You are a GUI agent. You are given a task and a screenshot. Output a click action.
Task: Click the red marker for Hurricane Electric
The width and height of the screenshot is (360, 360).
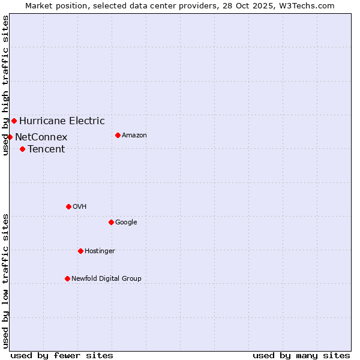(14, 121)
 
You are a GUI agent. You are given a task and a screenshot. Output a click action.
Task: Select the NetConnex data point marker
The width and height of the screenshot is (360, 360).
(10, 137)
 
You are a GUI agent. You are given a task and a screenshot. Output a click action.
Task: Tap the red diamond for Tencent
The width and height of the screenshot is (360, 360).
(22, 149)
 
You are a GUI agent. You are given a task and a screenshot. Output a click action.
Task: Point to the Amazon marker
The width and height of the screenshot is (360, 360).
(118, 136)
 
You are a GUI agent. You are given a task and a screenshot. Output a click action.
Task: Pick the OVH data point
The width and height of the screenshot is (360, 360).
(68, 207)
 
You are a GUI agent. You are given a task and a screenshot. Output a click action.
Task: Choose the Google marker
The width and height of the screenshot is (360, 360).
(111, 223)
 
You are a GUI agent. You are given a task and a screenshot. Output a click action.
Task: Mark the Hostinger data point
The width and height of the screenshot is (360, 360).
(80, 251)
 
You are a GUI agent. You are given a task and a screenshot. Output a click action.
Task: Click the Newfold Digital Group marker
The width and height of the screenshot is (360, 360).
(67, 279)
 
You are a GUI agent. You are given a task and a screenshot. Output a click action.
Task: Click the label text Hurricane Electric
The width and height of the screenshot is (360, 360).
(62, 121)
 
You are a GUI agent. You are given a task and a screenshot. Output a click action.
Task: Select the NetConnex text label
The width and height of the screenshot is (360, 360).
(41, 137)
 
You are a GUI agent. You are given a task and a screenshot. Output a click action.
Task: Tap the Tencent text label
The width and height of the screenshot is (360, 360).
(46, 149)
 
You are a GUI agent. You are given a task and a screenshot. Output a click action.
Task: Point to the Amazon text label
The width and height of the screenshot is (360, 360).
(134, 136)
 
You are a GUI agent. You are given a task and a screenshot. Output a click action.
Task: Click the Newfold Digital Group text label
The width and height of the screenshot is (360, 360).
(106, 279)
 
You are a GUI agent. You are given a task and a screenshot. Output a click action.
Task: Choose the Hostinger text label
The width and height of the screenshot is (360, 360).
(100, 251)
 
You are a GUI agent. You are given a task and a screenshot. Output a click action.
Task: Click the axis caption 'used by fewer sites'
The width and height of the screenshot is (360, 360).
(62, 355)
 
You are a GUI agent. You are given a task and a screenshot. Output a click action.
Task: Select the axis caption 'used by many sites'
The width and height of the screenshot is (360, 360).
(301, 355)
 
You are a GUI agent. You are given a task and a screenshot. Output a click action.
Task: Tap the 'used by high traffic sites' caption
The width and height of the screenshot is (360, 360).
(5, 85)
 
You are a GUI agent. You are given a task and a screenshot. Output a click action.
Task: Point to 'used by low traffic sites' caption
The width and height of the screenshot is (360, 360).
(5, 281)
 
